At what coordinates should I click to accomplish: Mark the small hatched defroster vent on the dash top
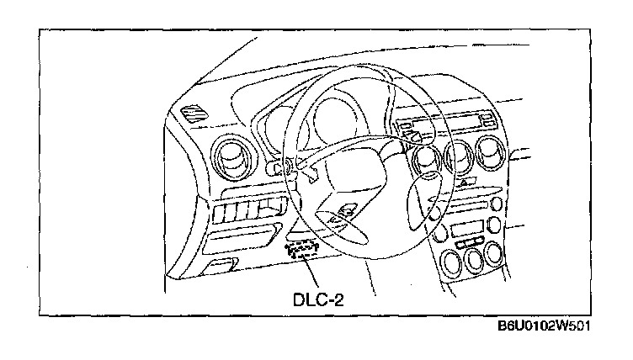(x=193, y=110)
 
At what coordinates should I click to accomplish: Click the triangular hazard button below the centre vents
(x=463, y=181)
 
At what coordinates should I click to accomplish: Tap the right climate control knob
(x=497, y=255)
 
